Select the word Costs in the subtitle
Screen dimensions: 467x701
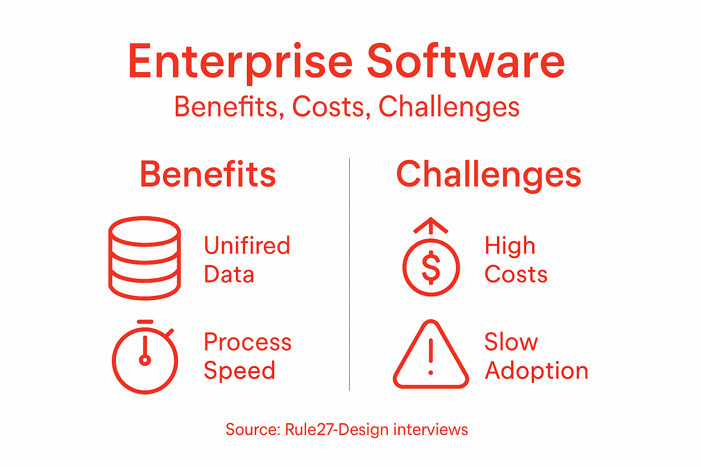pyautogui.click(x=328, y=107)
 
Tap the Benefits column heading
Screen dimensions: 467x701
pyautogui.click(x=208, y=174)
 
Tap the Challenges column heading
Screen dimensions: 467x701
pyautogui.click(x=488, y=175)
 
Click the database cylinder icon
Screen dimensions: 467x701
pyautogui.click(x=145, y=258)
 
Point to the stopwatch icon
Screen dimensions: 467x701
pyautogui.click(x=145, y=358)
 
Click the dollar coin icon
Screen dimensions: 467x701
pyautogui.click(x=431, y=267)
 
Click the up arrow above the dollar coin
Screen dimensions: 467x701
pyautogui.click(x=431, y=225)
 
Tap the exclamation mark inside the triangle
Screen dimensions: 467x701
pyautogui.click(x=431, y=358)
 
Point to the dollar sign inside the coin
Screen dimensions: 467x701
pyautogui.click(x=431, y=268)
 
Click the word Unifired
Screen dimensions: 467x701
pyautogui.click(x=247, y=246)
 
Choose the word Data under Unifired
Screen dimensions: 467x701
pyautogui.click(x=229, y=275)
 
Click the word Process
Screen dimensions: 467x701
pyautogui.click(x=248, y=342)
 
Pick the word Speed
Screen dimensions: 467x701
pyautogui.click(x=240, y=371)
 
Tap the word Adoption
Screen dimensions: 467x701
pyautogui.click(x=536, y=371)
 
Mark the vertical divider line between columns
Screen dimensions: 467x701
pyautogui.click(x=350, y=274)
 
